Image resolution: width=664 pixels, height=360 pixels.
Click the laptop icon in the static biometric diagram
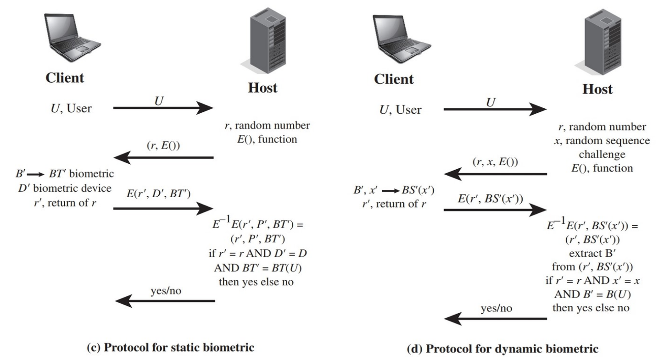coord(72,38)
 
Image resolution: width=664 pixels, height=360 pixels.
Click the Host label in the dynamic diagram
coord(595,89)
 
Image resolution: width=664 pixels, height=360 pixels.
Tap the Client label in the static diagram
coord(64,78)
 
